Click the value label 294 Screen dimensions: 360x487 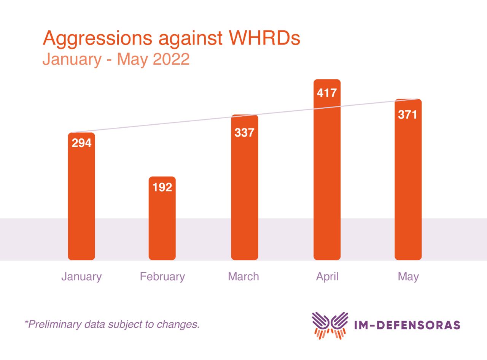tap(82, 143)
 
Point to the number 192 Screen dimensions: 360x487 tap(162, 187)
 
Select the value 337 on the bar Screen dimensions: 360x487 tap(244, 133)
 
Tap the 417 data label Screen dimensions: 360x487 tap(327, 93)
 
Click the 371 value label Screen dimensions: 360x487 tap(408, 114)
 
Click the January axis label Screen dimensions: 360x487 tap(81, 276)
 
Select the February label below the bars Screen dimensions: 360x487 tap(162, 276)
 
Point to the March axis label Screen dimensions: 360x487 tap(243, 276)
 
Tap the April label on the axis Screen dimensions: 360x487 tap(327, 276)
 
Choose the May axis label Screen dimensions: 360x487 tap(408, 277)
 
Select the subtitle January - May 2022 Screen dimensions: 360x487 tap(116, 60)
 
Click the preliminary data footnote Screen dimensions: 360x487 tap(112, 324)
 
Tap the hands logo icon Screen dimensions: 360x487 tap(330, 325)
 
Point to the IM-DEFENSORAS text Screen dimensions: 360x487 tap(407, 325)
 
